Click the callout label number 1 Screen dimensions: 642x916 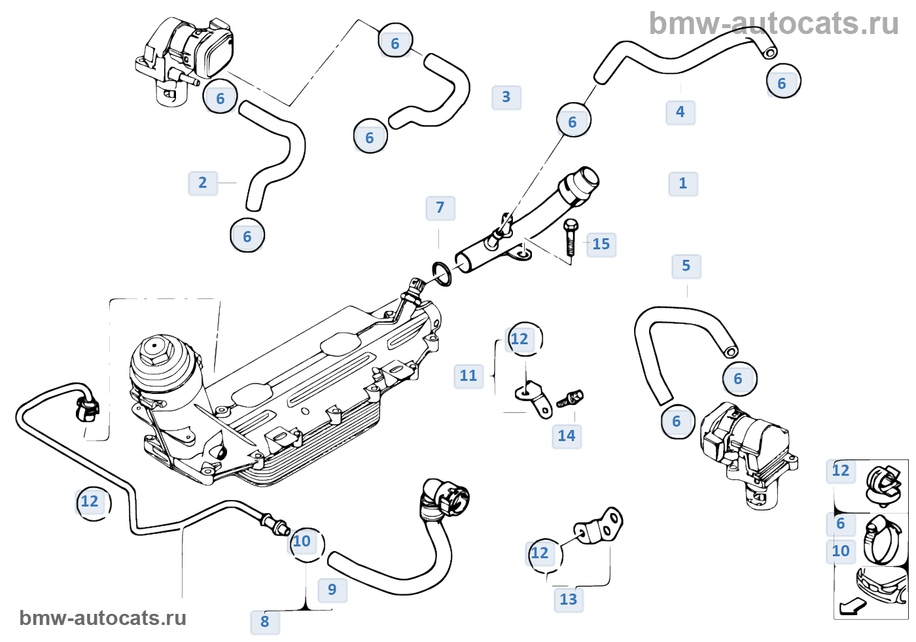point(683,184)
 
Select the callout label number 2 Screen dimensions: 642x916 point(203,183)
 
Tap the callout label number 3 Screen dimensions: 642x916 point(506,98)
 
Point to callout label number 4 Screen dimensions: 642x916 point(680,113)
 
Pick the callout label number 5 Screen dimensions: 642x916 point(686,266)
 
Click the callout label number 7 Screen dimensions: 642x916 point(440,208)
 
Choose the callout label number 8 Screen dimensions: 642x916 point(265,622)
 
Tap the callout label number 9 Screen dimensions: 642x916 point(332,590)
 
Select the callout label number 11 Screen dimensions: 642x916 point(468,376)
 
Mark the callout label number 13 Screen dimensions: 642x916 point(569,599)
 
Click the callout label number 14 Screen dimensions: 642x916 point(567,436)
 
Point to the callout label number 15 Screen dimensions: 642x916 point(601,245)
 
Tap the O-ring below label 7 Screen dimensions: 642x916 point(442,273)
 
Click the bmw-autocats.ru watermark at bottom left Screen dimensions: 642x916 point(103,618)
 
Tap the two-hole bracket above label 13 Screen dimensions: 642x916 point(599,527)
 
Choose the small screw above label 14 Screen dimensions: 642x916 point(570,398)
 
